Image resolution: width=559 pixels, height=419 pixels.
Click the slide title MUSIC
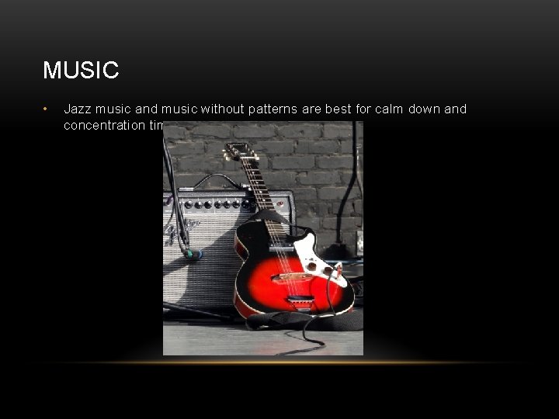tap(81, 71)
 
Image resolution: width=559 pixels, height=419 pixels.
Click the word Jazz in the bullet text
tap(78, 109)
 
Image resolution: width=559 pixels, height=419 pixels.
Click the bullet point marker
tap(47, 109)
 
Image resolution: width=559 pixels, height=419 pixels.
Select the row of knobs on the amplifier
tap(214, 204)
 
